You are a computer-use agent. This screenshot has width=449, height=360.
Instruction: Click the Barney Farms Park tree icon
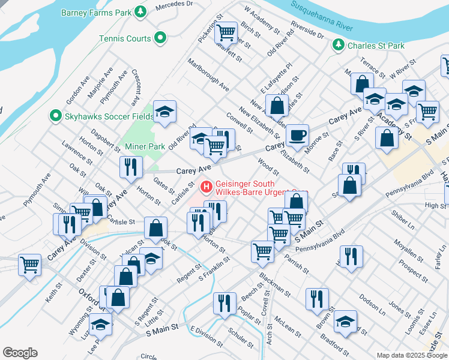140,11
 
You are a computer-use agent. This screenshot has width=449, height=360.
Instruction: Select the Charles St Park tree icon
339,45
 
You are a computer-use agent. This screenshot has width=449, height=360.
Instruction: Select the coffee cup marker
297,135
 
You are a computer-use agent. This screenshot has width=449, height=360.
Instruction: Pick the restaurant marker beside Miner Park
131,167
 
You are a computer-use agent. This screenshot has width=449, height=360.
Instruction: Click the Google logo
20,353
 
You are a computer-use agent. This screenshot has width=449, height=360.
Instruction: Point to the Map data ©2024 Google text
412,355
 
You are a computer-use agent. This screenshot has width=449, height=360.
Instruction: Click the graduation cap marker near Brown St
345,321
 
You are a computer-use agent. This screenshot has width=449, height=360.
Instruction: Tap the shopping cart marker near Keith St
29,263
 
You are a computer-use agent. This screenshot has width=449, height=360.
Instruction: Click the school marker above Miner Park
164,111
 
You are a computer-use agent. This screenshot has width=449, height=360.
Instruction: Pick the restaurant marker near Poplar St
225,302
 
